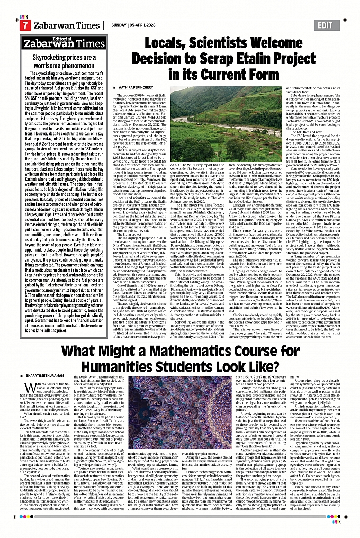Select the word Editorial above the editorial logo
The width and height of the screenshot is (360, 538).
point(56,38)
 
